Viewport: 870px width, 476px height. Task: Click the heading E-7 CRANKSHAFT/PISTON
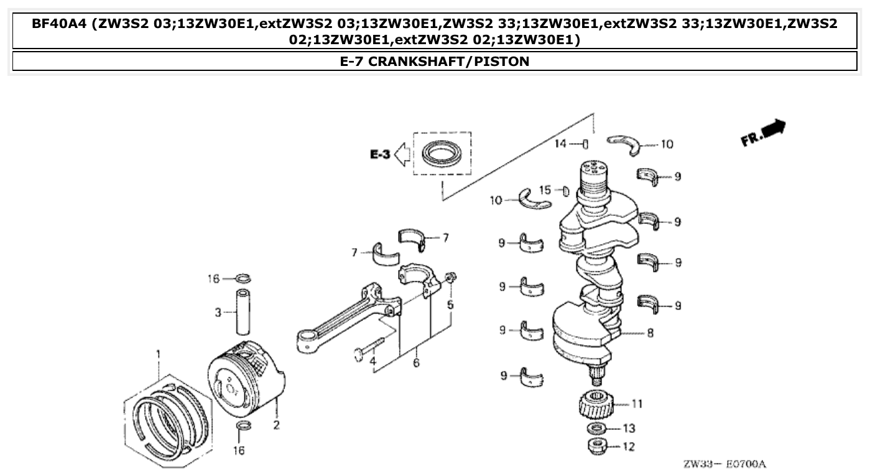[x=435, y=61]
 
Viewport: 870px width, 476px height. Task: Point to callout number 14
[x=561, y=144]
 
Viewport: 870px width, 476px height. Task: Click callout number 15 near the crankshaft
[x=545, y=190]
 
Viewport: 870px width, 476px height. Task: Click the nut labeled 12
[x=598, y=446]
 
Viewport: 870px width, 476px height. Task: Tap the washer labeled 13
[x=598, y=429]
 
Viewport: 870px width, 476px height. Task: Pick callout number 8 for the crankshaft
[x=650, y=333]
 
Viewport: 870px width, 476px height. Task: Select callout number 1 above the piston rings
[x=158, y=355]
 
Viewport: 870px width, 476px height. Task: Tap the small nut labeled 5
[x=452, y=276]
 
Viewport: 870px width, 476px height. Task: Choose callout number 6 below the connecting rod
[x=415, y=363]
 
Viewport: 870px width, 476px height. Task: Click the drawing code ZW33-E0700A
[x=724, y=464]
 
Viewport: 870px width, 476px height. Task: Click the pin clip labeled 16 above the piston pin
[x=244, y=278]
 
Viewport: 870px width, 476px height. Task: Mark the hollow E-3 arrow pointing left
[x=402, y=154]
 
